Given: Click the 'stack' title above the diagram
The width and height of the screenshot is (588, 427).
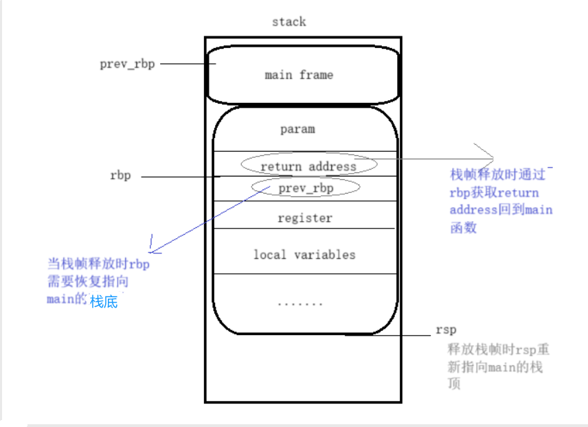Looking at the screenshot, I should (x=289, y=21).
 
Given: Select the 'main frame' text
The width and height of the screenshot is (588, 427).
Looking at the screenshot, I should (x=299, y=75).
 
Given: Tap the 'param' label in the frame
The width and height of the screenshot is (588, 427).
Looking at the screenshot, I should (x=297, y=129).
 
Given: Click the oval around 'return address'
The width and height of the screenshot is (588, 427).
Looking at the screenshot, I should (x=308, y=165).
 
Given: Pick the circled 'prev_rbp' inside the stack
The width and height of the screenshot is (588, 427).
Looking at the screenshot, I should (x=306, y=187).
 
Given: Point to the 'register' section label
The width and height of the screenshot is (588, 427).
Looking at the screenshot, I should (x=304, y=218).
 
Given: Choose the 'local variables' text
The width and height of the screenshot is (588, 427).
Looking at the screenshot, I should (x=304, y=255).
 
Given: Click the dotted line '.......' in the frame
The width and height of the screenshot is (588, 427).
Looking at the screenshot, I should (x=299, y=302).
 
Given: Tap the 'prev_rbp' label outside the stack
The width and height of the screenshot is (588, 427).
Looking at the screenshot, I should (x=127, y=64).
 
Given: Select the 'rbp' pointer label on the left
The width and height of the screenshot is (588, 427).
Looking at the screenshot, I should (x=120, y=176).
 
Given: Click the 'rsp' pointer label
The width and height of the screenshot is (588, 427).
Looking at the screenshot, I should (x=446, y=330).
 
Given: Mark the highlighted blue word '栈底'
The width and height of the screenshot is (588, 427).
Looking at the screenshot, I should (x=103, y=301).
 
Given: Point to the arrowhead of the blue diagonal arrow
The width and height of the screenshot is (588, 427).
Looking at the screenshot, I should (x=152, y=250).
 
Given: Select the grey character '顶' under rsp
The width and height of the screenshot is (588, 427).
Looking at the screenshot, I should (x=454, y=384).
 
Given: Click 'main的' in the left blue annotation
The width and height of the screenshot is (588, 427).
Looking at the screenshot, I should (x=67, y=299).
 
